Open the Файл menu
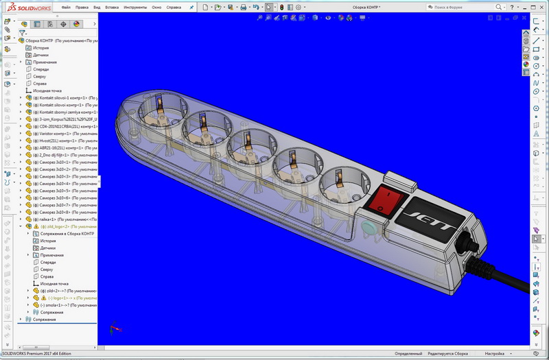66,7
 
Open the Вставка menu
113,7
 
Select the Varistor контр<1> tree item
62,134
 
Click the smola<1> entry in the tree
69,305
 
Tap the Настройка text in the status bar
495,354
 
